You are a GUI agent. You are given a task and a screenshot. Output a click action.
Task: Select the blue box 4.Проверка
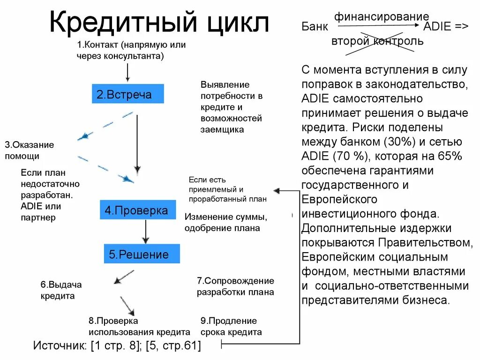tap(137, 210)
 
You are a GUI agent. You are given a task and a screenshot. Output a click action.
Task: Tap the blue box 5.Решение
tap(142, 254)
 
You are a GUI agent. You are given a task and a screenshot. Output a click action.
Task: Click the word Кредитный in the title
tap(119, 24)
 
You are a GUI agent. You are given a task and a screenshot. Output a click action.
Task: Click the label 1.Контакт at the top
tap(98, 45)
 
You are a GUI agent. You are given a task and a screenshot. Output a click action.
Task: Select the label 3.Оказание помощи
tap(29, 150)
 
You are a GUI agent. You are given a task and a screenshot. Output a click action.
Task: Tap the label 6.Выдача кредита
tap(60, 290)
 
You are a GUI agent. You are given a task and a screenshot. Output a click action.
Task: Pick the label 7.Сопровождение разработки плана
tap(235, 286)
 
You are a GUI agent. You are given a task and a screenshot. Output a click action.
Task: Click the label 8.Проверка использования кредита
tap(139, 327)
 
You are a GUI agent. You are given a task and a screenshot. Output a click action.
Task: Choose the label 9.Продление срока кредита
tap(231, 327)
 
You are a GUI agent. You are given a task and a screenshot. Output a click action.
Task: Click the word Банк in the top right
tap(314, 27)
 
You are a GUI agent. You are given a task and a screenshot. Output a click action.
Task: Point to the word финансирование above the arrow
tap(381, 17)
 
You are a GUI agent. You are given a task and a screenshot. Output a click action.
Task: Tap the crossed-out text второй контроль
tap(377, 41)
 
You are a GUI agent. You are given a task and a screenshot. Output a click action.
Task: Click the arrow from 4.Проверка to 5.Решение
tap(145, 231)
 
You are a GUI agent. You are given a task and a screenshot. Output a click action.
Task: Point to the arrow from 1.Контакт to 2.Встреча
tap(127, 73)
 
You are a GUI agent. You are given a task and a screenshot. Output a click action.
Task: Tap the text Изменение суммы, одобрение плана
tap(225, 223)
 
